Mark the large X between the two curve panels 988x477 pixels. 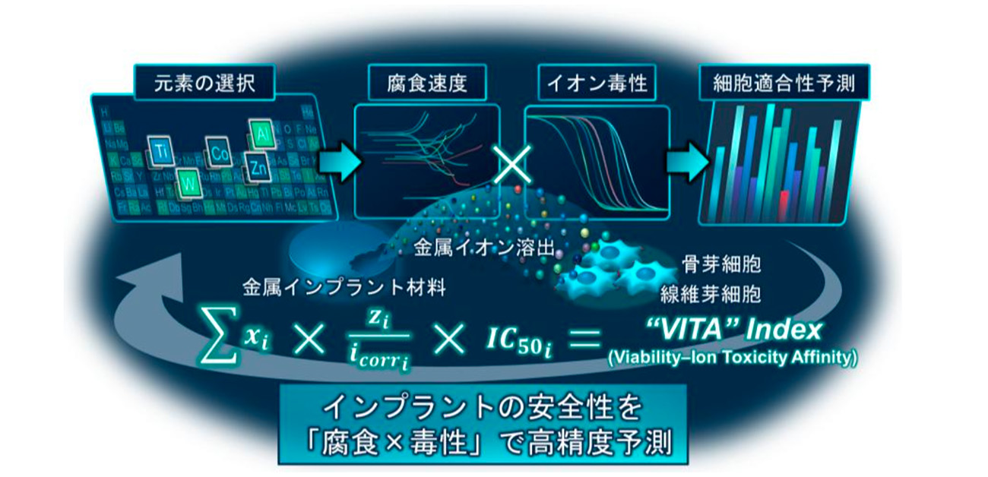511,163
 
